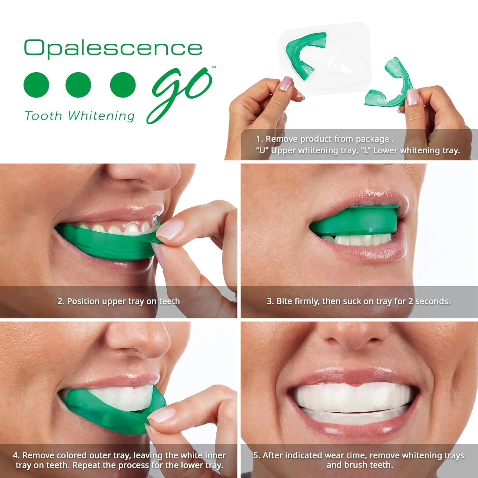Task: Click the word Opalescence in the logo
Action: click(113, 48)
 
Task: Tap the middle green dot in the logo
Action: click(78, 85)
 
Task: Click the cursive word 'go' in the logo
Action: click(180, 92)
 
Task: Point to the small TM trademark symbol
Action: click(214, 67)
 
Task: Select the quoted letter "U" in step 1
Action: click(262, 150)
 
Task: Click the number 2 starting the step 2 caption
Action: click(61, 301)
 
